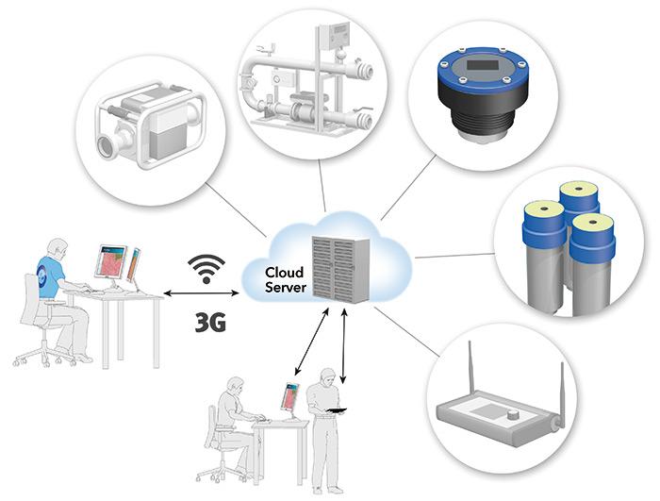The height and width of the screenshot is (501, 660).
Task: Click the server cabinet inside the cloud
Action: (337, 256)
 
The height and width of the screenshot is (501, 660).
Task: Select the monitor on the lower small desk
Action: (290, 398)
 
